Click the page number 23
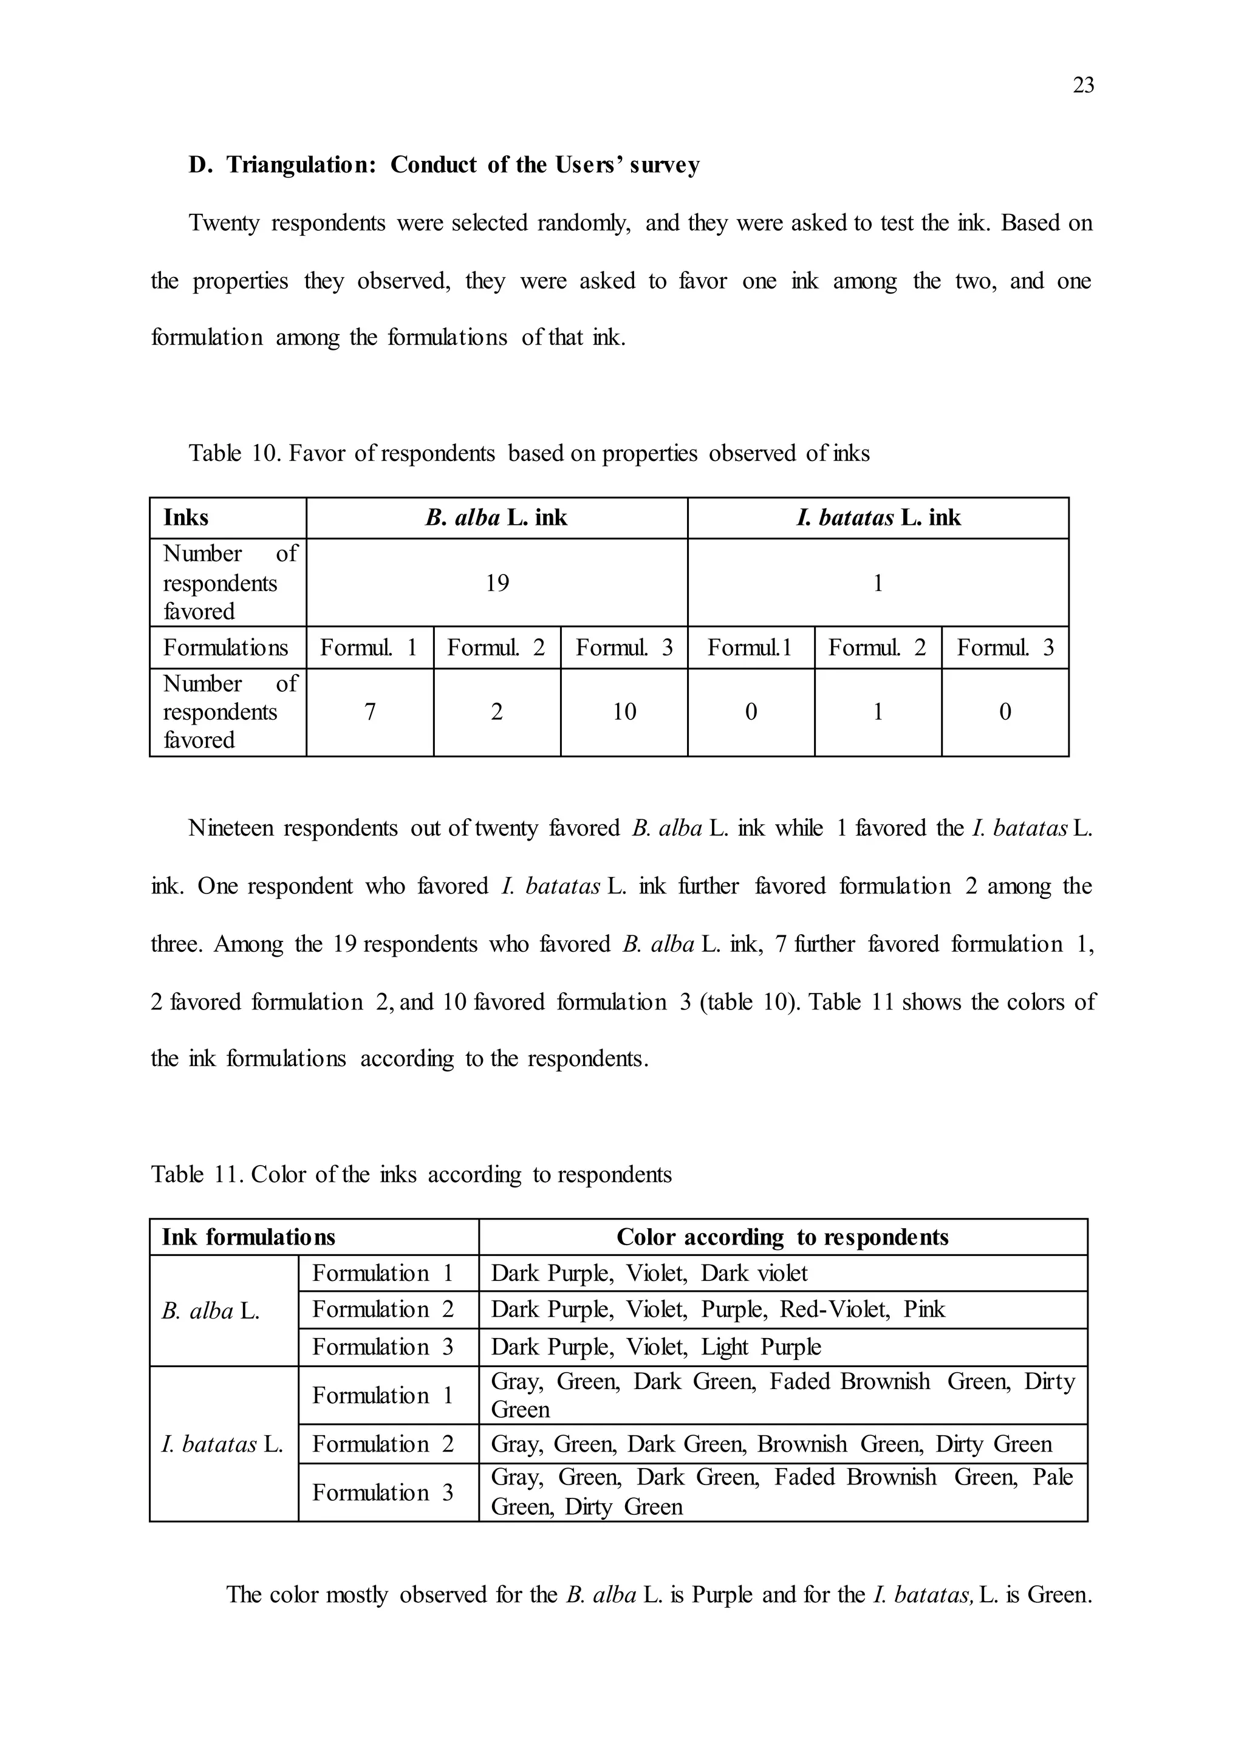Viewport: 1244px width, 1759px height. tap(1082, 85)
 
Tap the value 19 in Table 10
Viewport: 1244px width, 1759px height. tap(496, 583)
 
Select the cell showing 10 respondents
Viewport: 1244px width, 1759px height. tap(624, 712)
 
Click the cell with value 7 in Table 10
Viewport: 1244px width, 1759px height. tap(369, 712)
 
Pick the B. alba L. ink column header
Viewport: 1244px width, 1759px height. tap(496, 518)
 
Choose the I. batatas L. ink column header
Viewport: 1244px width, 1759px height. tap(878, 518)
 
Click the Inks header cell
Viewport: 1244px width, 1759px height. tap(186, 518)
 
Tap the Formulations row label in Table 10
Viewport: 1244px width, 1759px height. tap(225, 648)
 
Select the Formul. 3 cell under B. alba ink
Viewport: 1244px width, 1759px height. tap(624, 648)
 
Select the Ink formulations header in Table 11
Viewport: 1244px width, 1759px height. tap(248, 1237)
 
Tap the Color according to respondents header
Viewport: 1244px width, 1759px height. tap(782, 1237)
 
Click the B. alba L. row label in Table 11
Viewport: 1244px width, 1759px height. tap(211, 1311)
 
